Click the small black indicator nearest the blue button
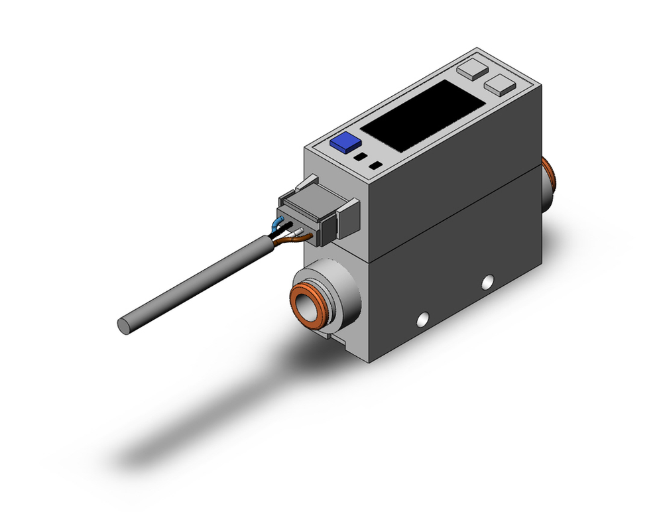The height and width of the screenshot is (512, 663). click(x=360, y=158)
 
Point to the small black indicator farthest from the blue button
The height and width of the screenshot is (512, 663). click(x=376, y=165)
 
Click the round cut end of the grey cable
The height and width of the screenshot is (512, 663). click(x=123, y=325)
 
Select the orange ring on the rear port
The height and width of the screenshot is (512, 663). click(x=550, y=179)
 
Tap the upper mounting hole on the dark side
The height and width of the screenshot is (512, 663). click(x=489, y=281)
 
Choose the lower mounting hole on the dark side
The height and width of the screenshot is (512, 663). click(x=419, y=322)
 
